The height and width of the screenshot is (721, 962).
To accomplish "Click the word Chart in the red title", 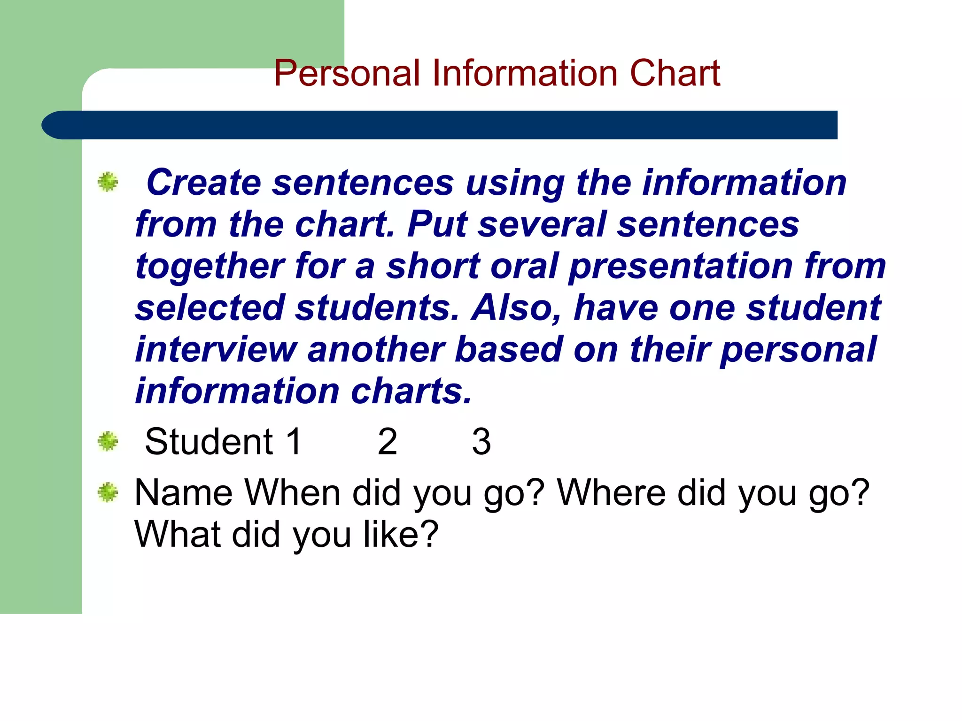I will click(675, 73).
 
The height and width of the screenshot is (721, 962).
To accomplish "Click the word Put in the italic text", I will click(437, 224).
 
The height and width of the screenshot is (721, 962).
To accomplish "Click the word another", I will click(375, 350).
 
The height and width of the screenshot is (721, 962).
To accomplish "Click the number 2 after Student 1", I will click(388, 442).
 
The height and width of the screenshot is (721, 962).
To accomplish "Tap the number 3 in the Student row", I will click(481, 442).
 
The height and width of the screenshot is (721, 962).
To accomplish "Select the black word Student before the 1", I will click(209, 442).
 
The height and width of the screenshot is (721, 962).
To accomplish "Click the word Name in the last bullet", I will click(184, 493).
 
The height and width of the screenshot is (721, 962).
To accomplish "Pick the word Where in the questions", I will click(611, 493).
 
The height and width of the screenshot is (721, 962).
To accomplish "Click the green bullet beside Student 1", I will click(108, 441).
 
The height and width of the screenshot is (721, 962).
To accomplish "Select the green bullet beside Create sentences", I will click(108, 182).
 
